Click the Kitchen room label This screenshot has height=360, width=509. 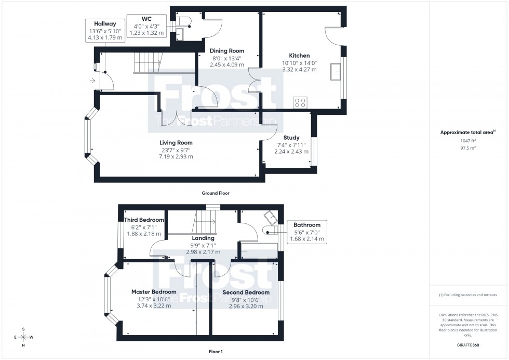tap(299, 56)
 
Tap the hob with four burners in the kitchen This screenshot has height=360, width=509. tap(300, 102)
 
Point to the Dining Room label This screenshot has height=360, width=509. tap(226, 51)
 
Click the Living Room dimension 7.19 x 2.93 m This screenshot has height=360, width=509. tap(176, 156)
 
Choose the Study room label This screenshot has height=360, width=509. tap(291, 138)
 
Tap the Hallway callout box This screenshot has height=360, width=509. tap(105, 31)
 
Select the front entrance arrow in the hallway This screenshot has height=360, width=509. tap(92, 81)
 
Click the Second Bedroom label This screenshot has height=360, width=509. tap(246, 292)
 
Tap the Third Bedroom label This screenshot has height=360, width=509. tap(144, 220)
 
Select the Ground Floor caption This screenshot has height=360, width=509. tap(216, 193)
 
